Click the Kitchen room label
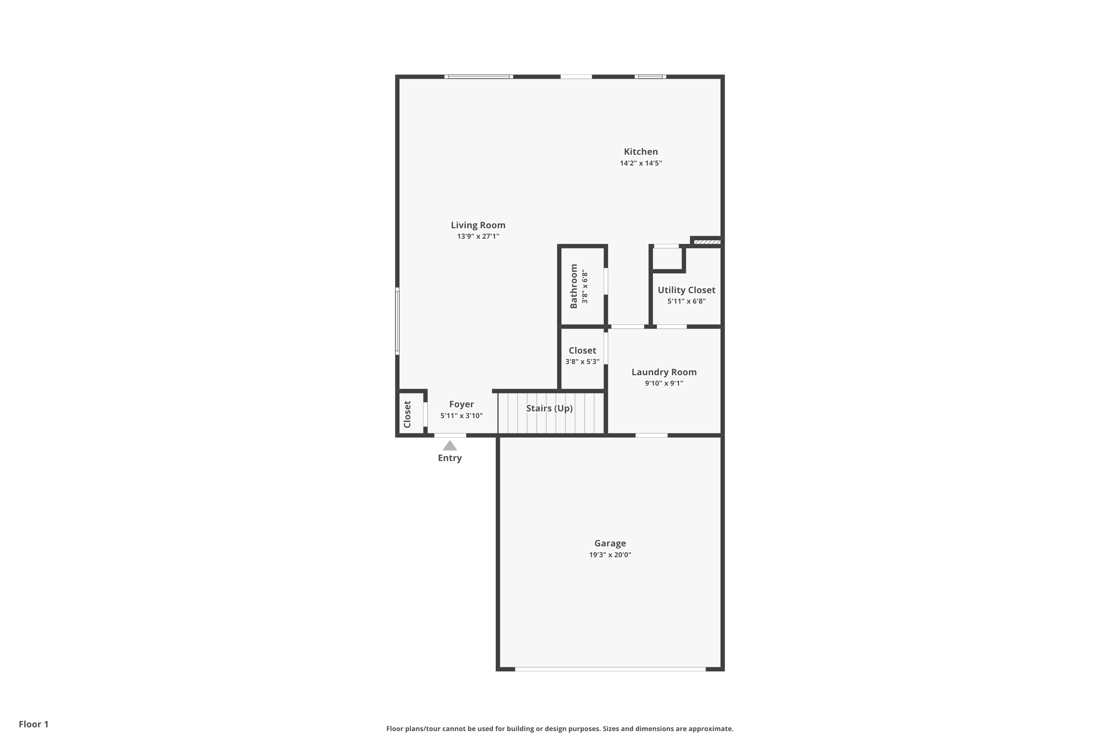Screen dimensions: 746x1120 pos(641,152)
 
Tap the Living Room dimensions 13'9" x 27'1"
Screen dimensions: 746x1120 pos(478,236)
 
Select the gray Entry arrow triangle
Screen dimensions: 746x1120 pos(449,446)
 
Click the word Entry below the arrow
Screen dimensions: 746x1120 pos(449,458)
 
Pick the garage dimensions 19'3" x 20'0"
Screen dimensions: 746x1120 pos(610,555)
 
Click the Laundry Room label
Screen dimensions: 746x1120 pos(664,372)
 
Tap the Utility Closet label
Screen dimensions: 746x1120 pos(686,290)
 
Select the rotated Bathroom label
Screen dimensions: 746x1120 pos(574,286)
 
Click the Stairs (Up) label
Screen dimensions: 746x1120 pos(549,408)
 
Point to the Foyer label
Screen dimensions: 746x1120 pos(461,404)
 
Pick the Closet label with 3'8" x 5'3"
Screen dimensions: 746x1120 pos(582,351)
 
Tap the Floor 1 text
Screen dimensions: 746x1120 pos(33,724)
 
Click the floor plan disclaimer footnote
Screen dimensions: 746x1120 pos(560,728)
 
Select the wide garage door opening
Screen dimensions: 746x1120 pos(610,669)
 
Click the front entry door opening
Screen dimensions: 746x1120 pos(450,435)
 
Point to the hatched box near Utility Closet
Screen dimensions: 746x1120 pos(707,242)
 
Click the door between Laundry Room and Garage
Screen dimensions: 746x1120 pos(651,435)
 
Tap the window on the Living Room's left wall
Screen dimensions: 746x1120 pos(397,321)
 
